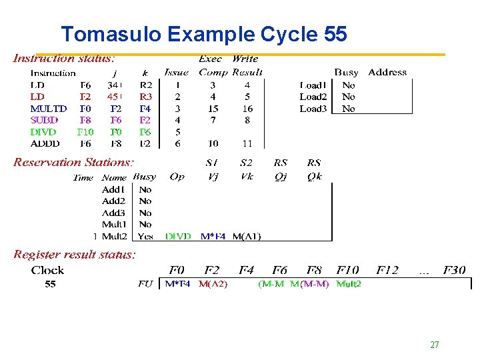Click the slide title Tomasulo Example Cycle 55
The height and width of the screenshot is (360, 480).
(203, 34)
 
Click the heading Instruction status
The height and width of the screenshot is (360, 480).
(64, 59)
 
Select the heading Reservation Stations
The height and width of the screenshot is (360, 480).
(73, 162)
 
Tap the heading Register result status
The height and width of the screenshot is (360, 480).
(75, 255)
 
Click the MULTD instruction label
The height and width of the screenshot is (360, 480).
(49, 109)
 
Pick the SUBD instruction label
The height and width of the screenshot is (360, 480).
(45, 121)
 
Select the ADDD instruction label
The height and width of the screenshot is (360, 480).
(45, 143)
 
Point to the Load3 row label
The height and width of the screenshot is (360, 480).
(313, 109)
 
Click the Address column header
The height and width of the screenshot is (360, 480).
(387, 72)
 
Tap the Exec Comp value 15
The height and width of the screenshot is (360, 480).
(213, 109)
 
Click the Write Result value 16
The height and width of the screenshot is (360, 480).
(247, 109)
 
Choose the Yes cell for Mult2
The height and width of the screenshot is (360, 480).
(145, 236)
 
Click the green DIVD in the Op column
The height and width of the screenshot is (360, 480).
(179, 236)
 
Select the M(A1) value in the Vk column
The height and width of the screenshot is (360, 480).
(247, 236)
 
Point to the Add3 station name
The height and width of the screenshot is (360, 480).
(113, 213)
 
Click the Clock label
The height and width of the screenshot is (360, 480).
(47, 270)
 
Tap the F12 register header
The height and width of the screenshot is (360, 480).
(387, 270)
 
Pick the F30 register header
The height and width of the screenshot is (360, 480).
(453, 270)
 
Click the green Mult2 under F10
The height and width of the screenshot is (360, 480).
(349, 284)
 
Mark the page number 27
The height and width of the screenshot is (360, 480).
(434, 345)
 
